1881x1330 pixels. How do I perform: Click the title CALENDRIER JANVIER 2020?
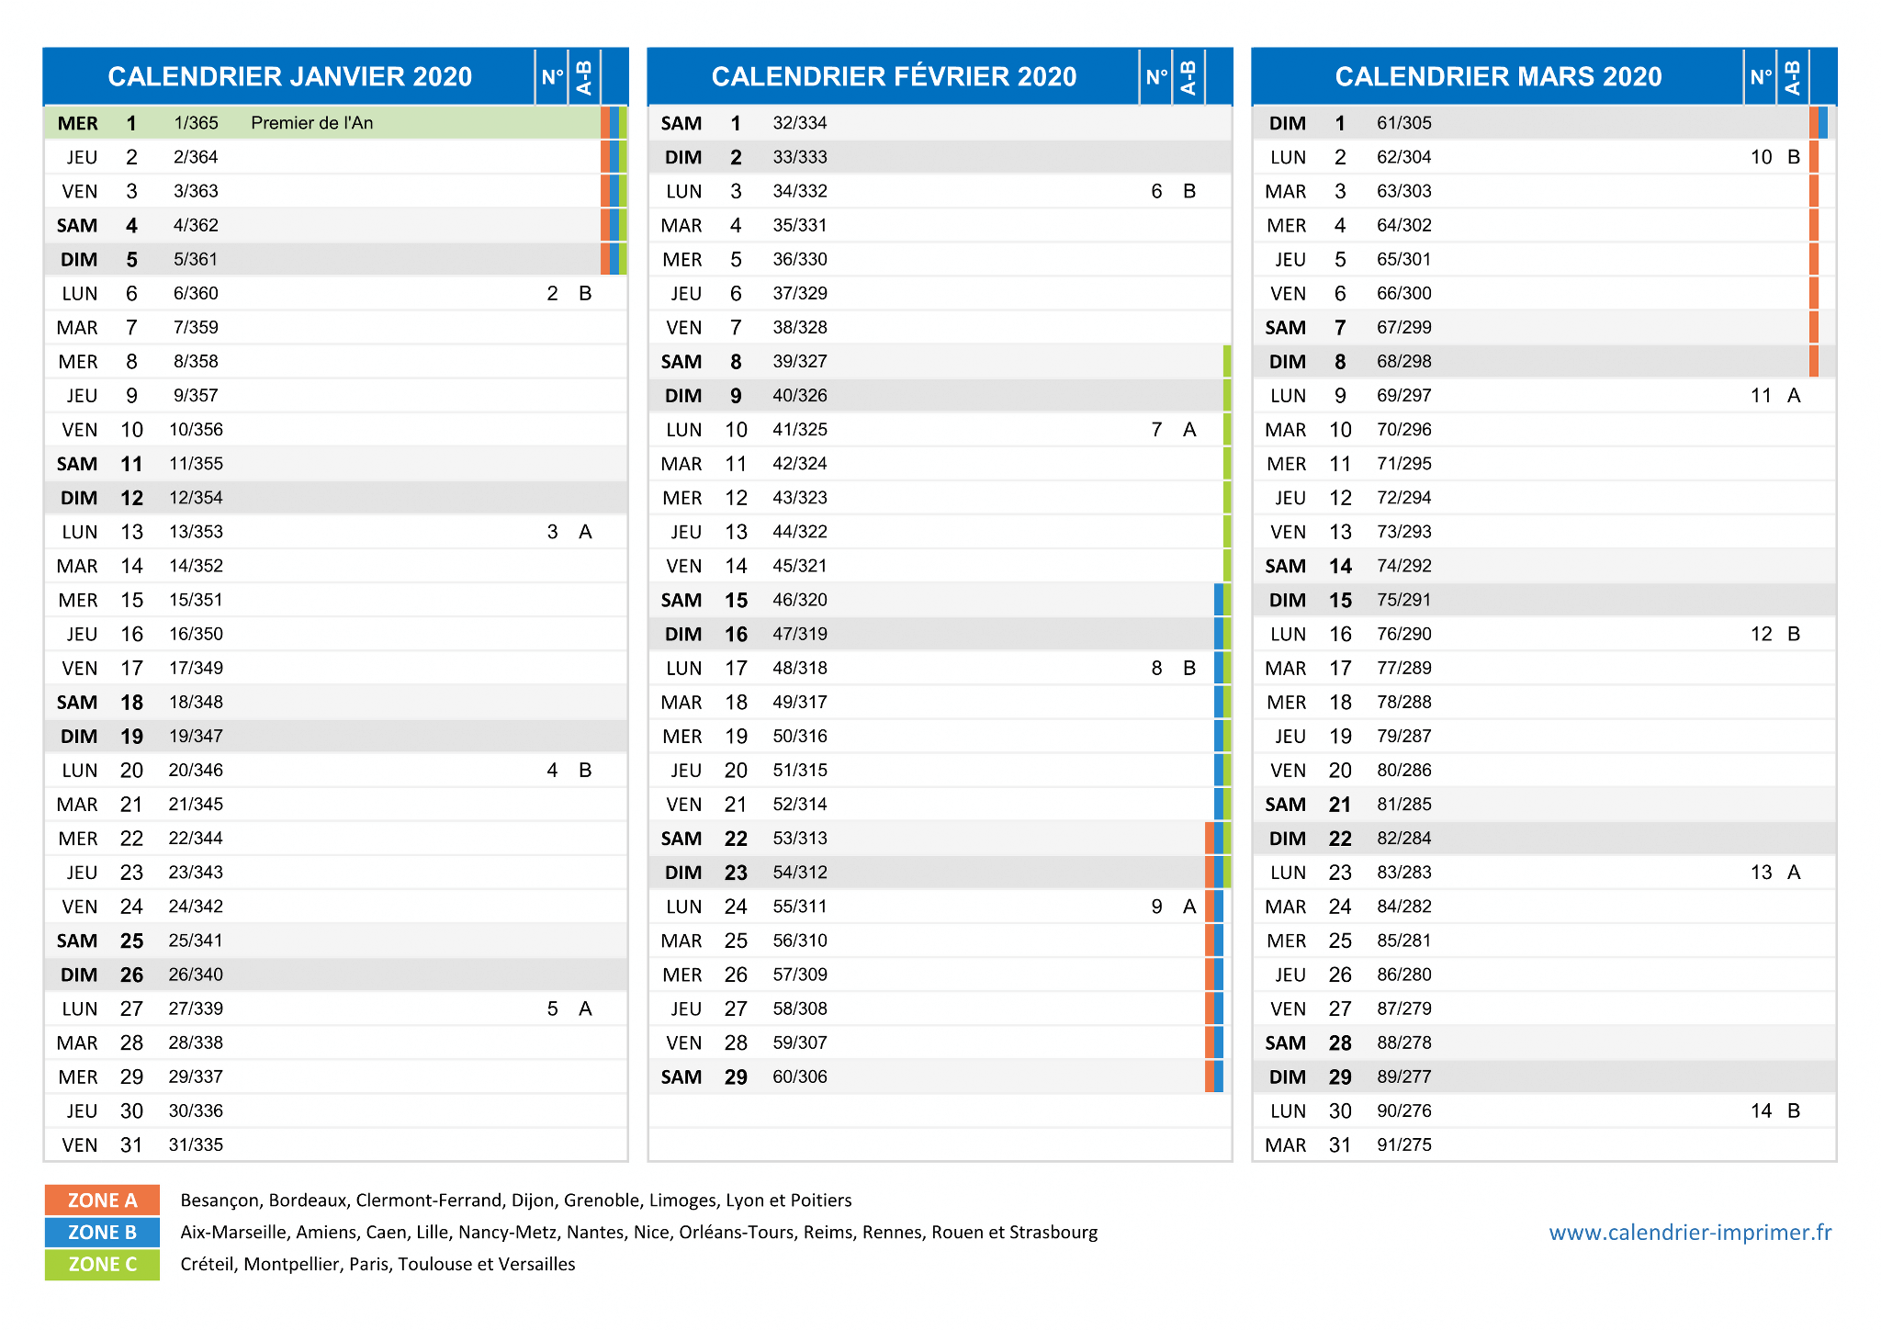coord(289,76)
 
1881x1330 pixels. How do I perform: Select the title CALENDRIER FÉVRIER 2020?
coord(894,76)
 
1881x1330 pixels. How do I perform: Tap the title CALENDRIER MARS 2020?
coord(1498,76)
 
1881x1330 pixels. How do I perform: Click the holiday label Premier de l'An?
coord(311,123)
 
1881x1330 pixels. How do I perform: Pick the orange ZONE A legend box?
coord(102,1200)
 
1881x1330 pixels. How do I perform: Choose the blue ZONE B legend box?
coord(102,1232)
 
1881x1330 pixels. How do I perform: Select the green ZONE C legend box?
coord(102,1264)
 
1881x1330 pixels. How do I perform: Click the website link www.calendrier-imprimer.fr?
coord(1690,1233)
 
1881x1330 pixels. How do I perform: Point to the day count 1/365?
coord(196,123)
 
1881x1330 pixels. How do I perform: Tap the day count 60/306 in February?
coord(800,1076)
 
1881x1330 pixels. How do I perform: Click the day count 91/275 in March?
coord(1404,1144)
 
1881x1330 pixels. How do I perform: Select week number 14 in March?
coord(1761,1110)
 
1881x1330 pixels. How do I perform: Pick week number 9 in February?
coord(1156,907)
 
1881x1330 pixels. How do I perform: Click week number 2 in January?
coord(552,293)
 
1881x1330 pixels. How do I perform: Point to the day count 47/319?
coord(800,634)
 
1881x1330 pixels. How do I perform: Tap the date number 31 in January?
coord(131,1144)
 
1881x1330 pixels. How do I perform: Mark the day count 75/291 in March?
coord(1404,600)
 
